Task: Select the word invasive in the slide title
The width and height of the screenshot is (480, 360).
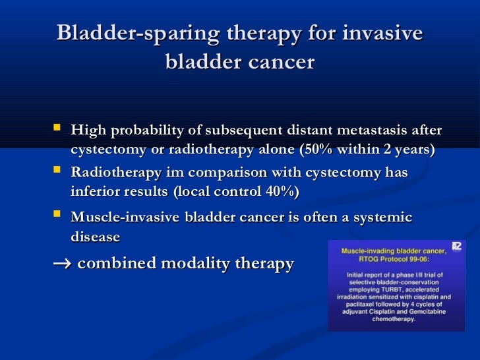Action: point(382,32)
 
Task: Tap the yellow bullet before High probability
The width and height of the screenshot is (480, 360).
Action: point(57,127)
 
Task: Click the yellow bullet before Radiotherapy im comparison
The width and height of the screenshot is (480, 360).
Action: point(57,169)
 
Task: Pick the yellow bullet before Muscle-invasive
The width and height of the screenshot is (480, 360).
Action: point(57,214)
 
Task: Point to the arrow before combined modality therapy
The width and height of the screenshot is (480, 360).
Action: point(62,264)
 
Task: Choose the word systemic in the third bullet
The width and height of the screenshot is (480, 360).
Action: point(382,218)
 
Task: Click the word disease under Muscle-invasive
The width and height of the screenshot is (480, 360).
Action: point(95,237)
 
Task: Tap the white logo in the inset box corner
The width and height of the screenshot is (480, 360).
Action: point(456,247)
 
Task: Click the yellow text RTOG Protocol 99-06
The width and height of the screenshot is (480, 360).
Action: point(394,259)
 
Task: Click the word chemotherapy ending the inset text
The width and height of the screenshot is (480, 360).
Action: point(394,319)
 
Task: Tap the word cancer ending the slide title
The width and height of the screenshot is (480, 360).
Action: point(282,62)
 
